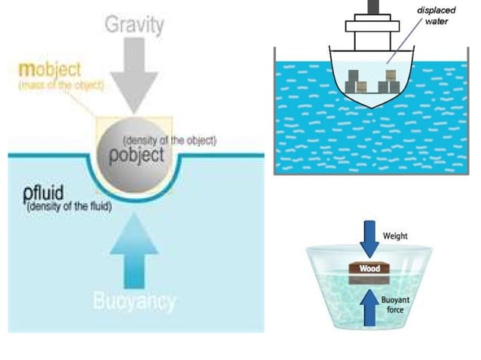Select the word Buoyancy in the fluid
134,302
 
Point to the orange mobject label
51,70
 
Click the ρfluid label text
43,194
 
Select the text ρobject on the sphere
136,156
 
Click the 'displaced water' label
436,15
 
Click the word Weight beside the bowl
395,236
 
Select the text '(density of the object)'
170,141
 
